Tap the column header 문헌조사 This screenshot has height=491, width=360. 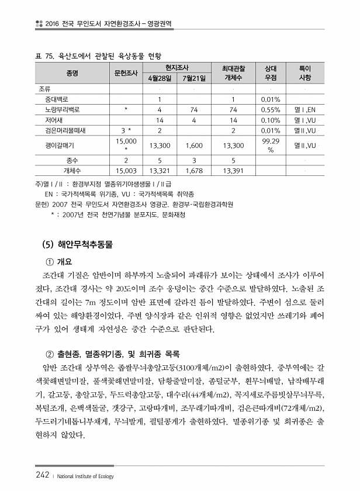[x=126, y=73]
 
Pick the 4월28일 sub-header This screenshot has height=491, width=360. [x=159, y=78]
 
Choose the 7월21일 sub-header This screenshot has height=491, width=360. [x=194, y=78]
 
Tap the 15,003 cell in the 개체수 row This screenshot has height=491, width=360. [x=126, y=171]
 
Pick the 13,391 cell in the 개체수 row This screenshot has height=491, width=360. [x=233, y=171]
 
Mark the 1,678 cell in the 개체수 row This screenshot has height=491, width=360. [x=194, y=171]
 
